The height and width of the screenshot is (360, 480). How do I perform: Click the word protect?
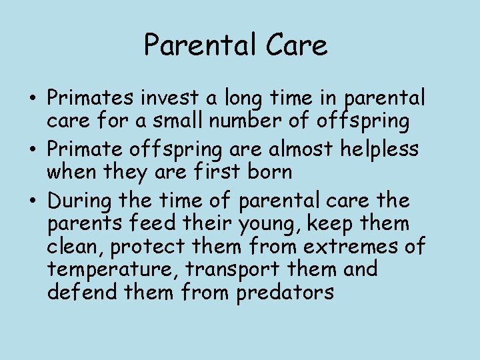[142, 247]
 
